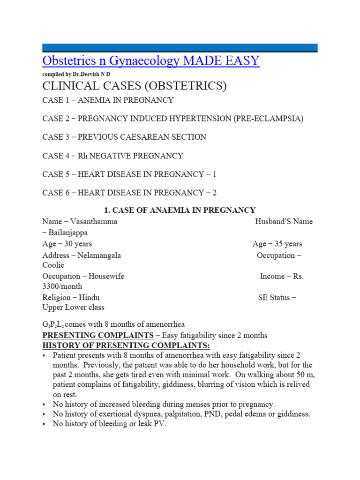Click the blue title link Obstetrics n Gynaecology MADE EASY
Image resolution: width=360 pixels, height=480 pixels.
pyautogui.click(x=150, y=61)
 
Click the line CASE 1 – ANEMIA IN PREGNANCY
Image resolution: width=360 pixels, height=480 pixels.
pyautogui.click(x=108, y=100)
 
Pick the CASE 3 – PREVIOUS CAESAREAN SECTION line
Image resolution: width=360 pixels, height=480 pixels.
pyautogui.click(x=124, y=137)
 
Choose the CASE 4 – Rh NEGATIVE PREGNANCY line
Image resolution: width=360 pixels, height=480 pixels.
pyautogui.click(x=112, y=156)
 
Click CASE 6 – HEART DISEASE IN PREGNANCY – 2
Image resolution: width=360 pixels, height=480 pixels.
pyautogui.click(x=129, y=193)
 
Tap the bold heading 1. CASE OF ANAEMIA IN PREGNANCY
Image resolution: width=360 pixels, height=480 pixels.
pyautogui.click(x=180, y=210)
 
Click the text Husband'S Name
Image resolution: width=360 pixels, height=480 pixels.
pyautogui.click(x=284, y=221)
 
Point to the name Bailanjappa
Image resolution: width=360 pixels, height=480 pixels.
pyautogui.click(x=67, y=232)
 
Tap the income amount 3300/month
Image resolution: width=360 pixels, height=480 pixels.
pyautogui.click(x=62, y=286)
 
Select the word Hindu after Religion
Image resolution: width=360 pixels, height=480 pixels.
pyautogui.click(x=89, y=297)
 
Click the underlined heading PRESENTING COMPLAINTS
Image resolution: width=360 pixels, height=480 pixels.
pyautogui.click(x=97, y=335)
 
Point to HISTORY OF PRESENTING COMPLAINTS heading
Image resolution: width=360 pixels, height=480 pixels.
pyautogui.click(x=120, y=345)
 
